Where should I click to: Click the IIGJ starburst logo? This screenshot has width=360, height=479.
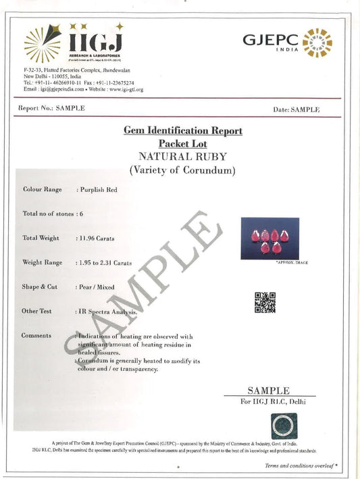pos(43,43)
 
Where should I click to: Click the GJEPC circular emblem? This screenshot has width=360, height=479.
pos(317,43)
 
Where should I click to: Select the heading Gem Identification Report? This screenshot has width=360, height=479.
pos(182,130)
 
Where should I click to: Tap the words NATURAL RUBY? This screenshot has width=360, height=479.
pos(182,156)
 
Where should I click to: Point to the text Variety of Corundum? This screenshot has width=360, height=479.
pos(182,170)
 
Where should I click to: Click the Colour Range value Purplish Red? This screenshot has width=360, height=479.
pos(98,190)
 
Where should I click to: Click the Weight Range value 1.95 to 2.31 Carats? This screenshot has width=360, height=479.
pos(105,262)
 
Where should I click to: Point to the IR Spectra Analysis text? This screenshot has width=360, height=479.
pos(108,311)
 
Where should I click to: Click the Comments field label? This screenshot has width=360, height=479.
pos(38,335)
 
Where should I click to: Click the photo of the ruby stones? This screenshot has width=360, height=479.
pos(269,238)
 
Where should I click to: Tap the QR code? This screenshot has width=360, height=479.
pos(264,302)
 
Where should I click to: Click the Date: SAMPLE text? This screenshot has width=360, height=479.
pos(297,109)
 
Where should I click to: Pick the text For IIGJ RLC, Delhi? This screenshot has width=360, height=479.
pos(268,402)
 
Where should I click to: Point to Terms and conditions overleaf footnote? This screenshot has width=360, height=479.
pos(301,465)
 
